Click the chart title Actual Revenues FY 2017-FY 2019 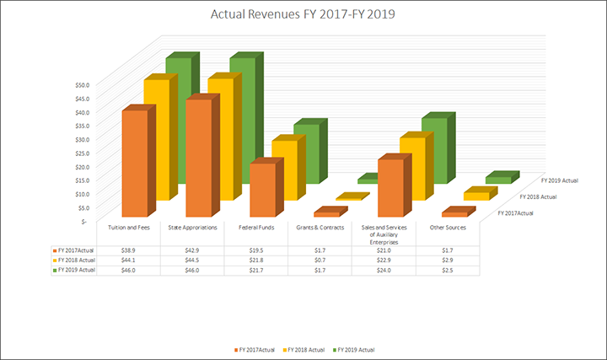point(303,16)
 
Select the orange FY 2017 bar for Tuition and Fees point(137,164)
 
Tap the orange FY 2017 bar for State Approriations point(200,160)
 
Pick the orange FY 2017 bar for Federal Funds point(262,190)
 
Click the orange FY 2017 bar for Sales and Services point(390,187)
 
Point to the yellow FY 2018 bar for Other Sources point(475,196)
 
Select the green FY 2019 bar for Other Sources point(497,179)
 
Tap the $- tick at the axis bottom point(84,221)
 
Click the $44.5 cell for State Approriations point(192,261)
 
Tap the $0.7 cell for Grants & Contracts point(320,261)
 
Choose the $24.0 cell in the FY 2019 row point(384,271)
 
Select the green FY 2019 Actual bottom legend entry point(353,348)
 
